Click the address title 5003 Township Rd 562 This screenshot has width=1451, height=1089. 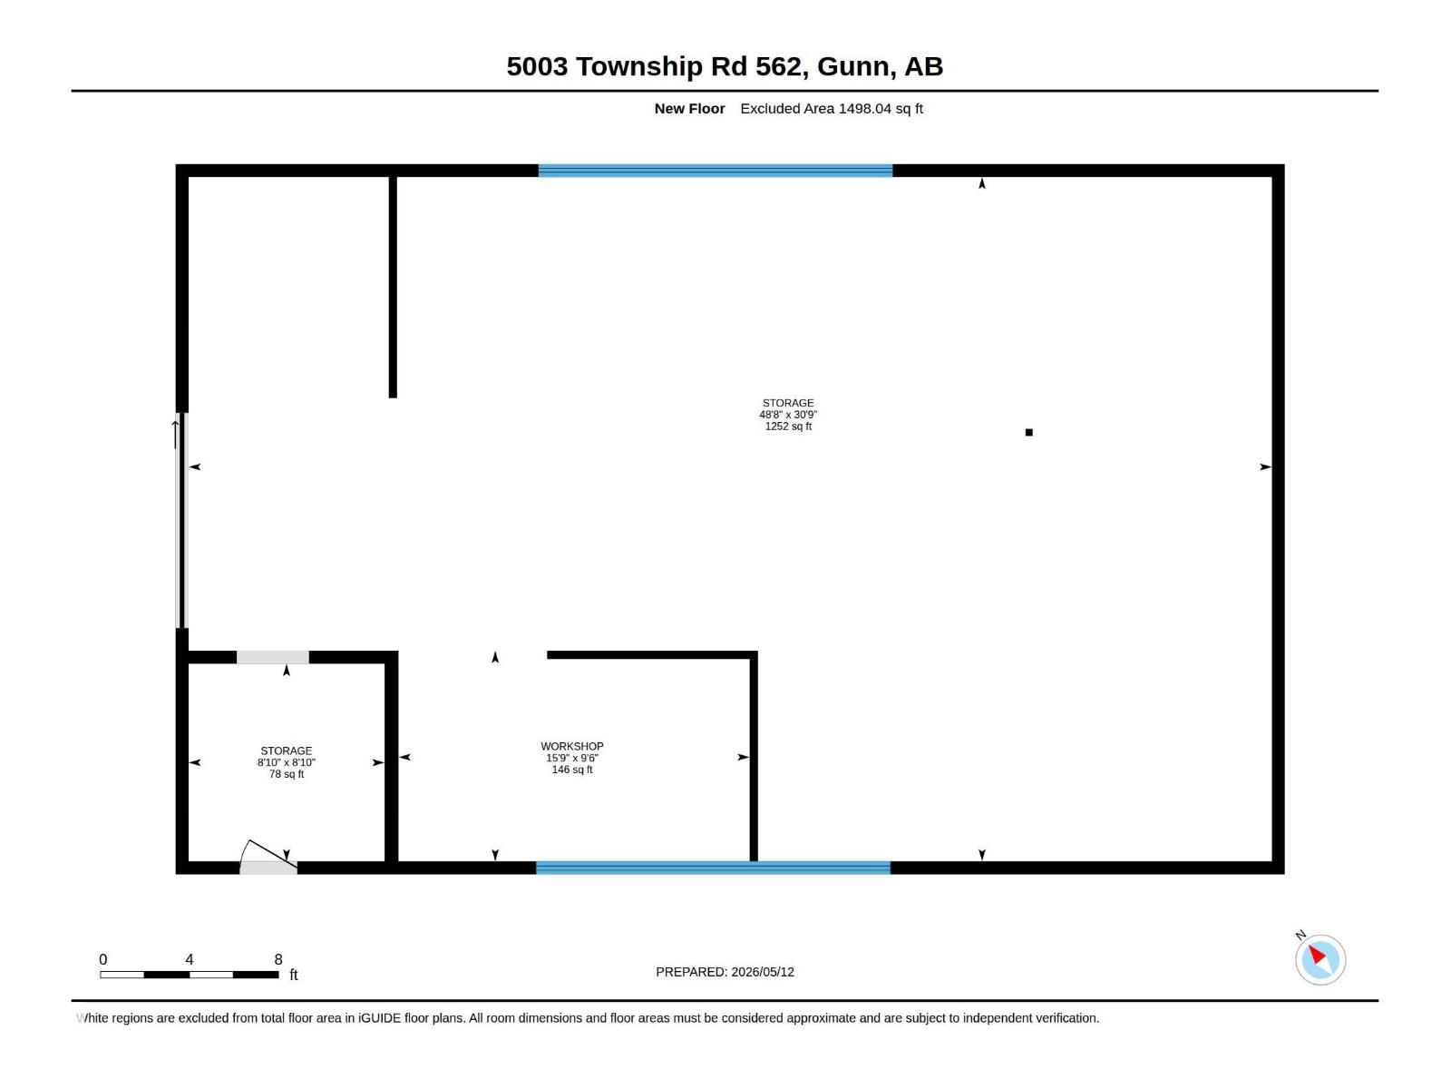click(x=654, y=66)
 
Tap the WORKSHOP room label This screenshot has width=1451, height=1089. click(x=572, y=747)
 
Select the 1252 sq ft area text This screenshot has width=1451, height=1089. click(x=788, y=427)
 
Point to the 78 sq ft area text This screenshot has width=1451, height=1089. click(x=287, y=774)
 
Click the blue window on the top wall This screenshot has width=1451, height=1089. click(x=716, y=171)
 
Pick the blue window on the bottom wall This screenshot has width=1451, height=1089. click(x=713, y=868)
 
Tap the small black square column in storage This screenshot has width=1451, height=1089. click(x=1028, y=433)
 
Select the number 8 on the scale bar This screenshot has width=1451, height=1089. click(x=278, y=959)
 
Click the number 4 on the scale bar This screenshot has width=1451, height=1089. click(x=189, y=959)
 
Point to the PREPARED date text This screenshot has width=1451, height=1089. click(x=725, y=972)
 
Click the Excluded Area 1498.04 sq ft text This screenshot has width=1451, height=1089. click(x=831, y=108)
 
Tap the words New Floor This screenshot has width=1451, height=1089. click(x=689, y=108)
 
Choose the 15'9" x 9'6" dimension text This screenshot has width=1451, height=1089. click(x=572, y=759)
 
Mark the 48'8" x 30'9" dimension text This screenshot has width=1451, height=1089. click(x=788, y=415)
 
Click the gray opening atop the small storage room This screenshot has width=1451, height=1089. click(x=272, y=657)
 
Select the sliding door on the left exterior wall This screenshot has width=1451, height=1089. click(x=181, y=520)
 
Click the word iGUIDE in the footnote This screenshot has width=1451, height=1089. click(x=379, y=1018)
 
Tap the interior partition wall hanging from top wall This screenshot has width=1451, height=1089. click(x=393, y=287)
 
